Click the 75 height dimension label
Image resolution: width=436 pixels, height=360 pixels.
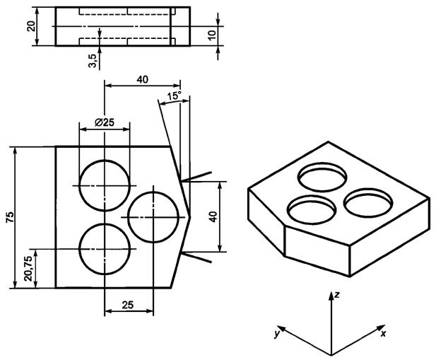click(x=9, y=217)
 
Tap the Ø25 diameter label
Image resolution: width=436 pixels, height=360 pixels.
click(x=105, y=122)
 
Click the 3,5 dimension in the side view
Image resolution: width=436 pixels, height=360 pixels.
click(x=93, y=60)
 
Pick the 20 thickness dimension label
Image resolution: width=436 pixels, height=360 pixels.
click(x=31, y=26)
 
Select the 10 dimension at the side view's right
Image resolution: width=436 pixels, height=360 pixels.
click(x=212, y=35)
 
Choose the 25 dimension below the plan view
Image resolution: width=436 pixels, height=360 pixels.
click(x=127, y=305)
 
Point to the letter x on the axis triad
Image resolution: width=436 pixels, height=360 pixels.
click(x=383, y=332)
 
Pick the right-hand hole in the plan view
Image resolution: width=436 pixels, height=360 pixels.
click(x=153, y=216)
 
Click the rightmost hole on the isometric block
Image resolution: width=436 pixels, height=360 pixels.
click(x=368, y=201)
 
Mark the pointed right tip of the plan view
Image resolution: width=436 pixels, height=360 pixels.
click(x=192, y=216)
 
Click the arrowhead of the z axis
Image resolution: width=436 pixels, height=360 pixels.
click(x=331, y=293)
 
